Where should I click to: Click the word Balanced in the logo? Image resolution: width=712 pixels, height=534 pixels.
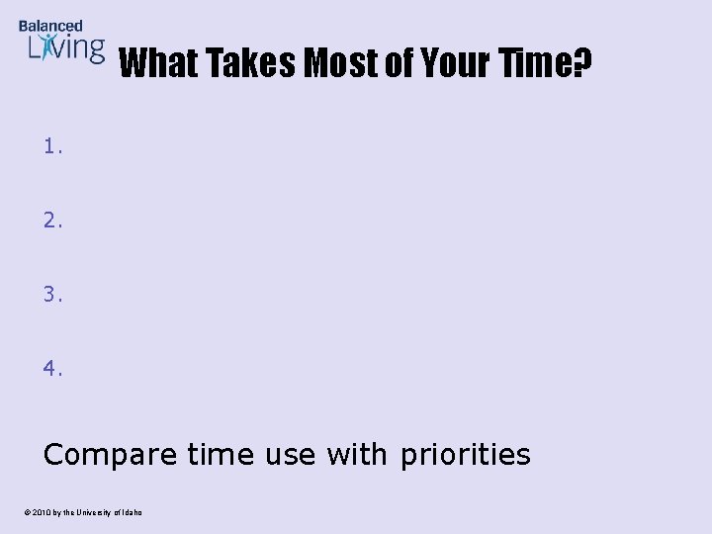50,26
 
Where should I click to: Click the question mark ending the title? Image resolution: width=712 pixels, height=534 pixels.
582,64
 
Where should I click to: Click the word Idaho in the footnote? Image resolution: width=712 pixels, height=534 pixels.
132,511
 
